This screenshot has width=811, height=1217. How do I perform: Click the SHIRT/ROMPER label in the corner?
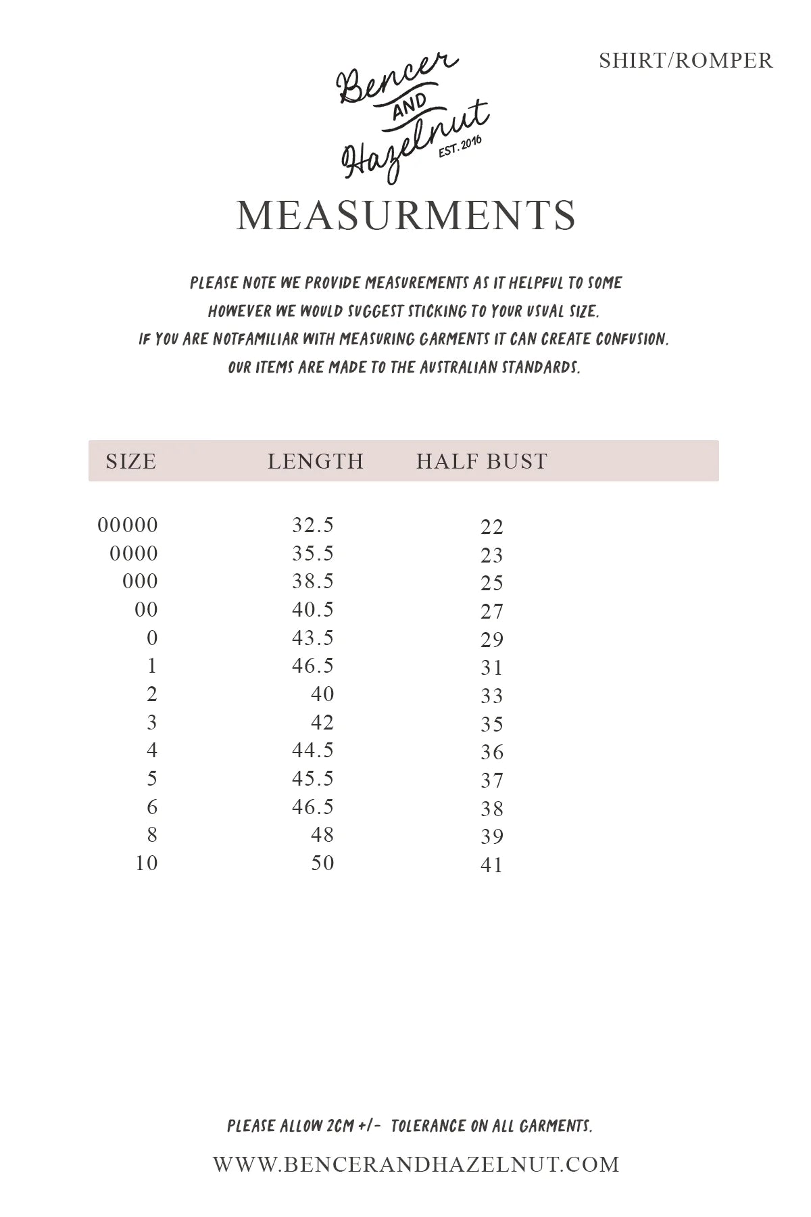pyautogui.click(x=685, y=61)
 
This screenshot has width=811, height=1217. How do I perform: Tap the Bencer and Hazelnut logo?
pyautogui.click(x=412, y=118)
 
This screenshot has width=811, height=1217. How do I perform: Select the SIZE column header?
pyautogui.click(x=130, y=461)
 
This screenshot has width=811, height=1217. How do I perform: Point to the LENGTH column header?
pyautogui.click(x=316, y=461)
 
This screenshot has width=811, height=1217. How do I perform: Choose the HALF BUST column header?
pyautogui.click(x=481, y=461)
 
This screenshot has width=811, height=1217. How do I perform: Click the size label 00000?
pyautogui.click(x=128, y=525)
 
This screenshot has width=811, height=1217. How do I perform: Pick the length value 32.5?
pyautogui.click(x=313, y=525)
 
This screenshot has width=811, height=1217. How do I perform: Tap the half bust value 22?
pyautogui.click(x=492, y=527)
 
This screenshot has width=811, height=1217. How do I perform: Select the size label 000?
pyautogui.click(x=140, y=581)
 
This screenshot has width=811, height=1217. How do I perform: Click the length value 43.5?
pyautogui.click(x=313, y=638)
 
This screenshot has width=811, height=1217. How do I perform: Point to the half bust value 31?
pyautogui.click(x=492, y=668)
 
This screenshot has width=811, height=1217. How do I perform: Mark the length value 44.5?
pyautogui.click(x=313, y=750)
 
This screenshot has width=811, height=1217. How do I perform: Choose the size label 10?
pyautogui.click(x=147, y=863)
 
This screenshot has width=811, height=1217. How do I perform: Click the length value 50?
pyautogui.click(x=322, y=863)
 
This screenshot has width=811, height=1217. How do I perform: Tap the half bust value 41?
pyautogui.click(x=492, y=865)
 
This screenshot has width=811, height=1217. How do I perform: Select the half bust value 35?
pyautogui.click(x=492, y=725)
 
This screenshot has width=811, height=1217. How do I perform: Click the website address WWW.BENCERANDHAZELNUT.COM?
pyautogui.click(x=416, y=1164)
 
